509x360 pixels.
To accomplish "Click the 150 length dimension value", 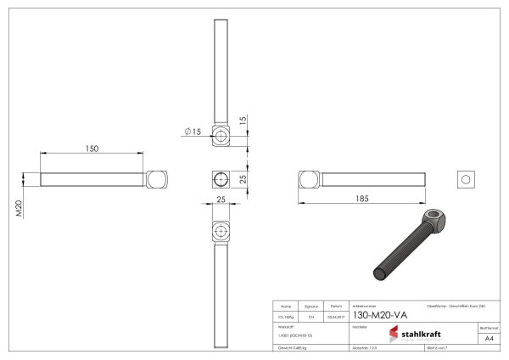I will click(x=92, y=149).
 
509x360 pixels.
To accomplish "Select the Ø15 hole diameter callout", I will click(x=192, y=132).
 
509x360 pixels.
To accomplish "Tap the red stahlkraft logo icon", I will click(x=394, y=334).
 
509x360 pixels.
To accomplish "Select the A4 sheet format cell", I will click(x=489, y=337).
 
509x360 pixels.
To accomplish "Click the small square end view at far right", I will click(x=464, y=178).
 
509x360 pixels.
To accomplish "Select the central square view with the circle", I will click(x=220, y=179).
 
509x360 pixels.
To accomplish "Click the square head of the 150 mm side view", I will click(x=156, y=179).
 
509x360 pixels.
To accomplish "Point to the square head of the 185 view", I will click(x=308, y=179).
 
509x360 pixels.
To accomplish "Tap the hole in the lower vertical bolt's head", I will click(x=220, y=231).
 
